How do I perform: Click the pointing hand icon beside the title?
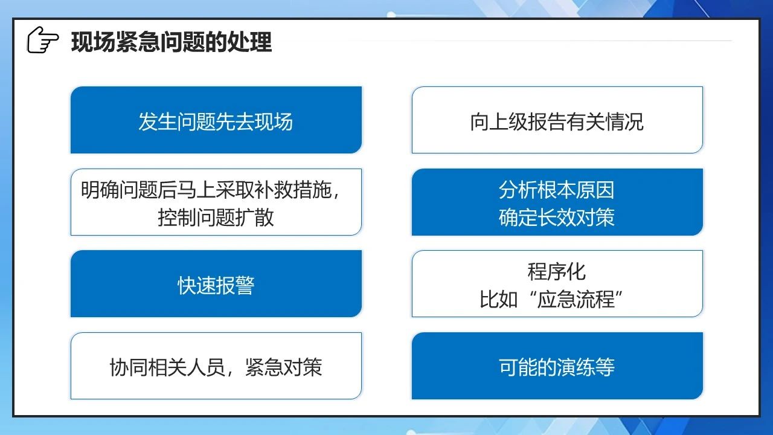point(43,40)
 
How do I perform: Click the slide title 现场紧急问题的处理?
point(172,42)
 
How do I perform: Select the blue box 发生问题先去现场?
point(216,120)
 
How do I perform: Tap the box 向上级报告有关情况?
point(557,120)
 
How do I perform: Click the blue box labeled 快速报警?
point(216,284)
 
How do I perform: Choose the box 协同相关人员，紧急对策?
point(216,366)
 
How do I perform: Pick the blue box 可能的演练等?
point(557,366)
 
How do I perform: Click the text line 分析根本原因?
point(557,190)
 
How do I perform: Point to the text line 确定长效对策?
point(557,217)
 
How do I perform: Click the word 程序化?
point(557,272)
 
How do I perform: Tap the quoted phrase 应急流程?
point(576,299)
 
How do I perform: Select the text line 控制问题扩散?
point(216,217)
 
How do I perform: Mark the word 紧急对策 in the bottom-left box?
point(284,367)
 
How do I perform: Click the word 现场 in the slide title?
point(93,42)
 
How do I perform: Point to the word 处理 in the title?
point(249,42)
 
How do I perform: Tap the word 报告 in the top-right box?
point(547,121)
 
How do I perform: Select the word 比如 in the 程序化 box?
point(499,299)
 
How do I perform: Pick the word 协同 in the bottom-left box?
point(129,367)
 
